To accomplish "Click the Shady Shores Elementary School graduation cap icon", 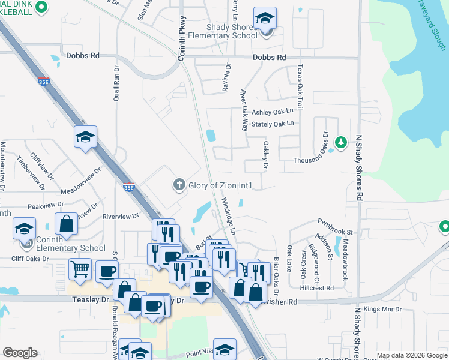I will (264, 19).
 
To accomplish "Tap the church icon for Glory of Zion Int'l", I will (179, 185).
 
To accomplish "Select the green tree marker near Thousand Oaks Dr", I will (341, 142).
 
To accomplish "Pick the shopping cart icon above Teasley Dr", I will (79, 269).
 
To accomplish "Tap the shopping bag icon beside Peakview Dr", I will (66, 224).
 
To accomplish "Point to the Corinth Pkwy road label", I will (182, 37).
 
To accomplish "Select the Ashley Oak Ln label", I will (276, 112).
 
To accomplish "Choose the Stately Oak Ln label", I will (273, 124).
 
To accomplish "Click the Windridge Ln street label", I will (228, 216).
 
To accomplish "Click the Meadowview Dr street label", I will (81, 181).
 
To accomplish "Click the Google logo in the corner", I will (20, 353).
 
